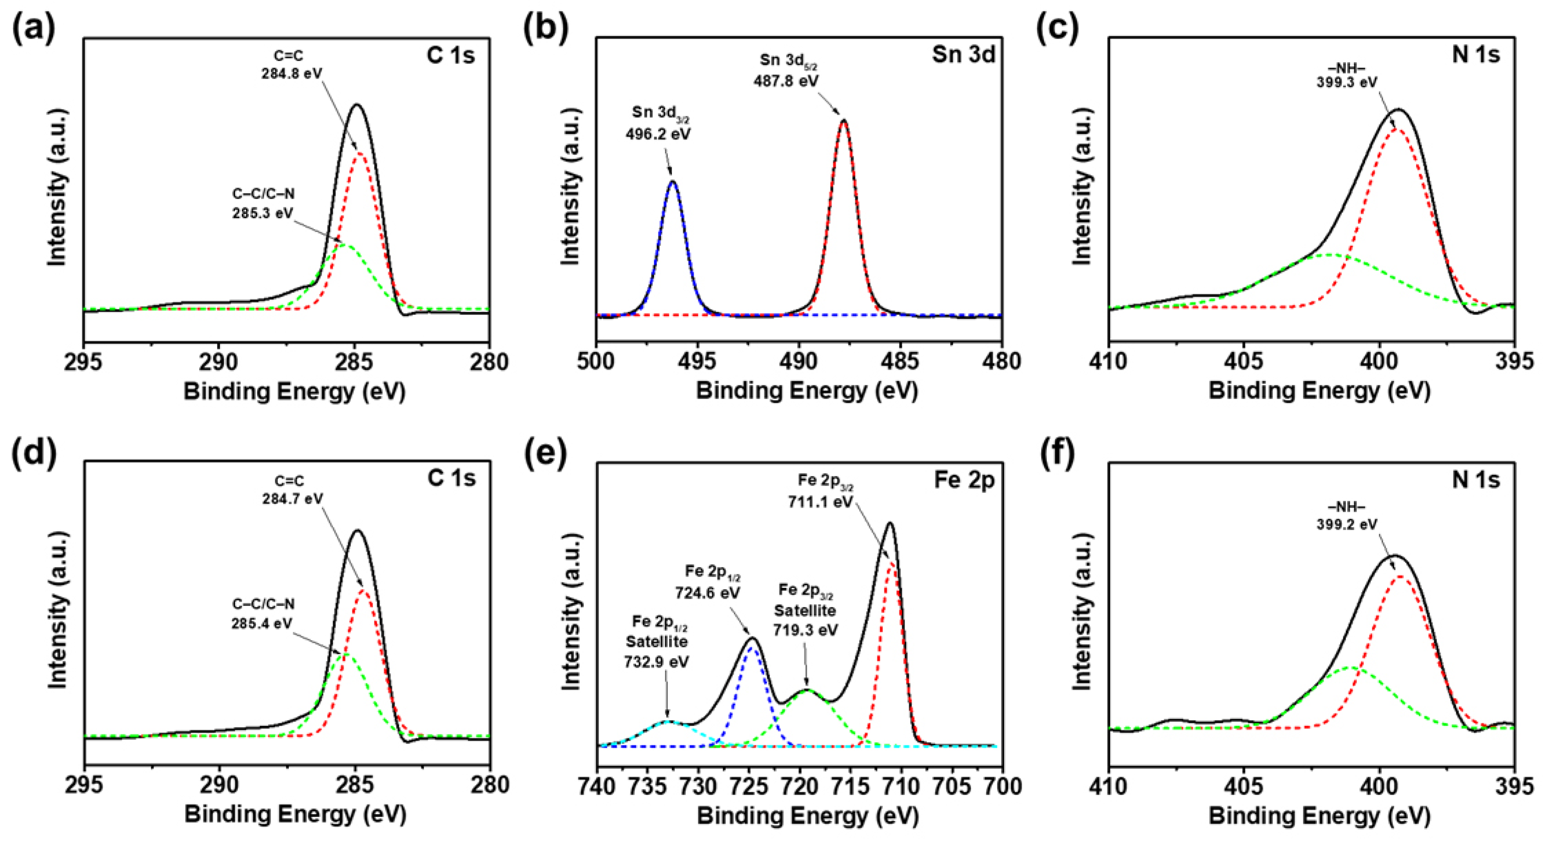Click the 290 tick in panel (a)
[218, 362]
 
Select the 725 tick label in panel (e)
[749, 786]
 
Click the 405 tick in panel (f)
[1244, 786]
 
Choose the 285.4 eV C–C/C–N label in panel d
[263, 614]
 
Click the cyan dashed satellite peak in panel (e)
[668, 722]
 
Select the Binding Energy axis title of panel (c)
[1319, 391]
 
